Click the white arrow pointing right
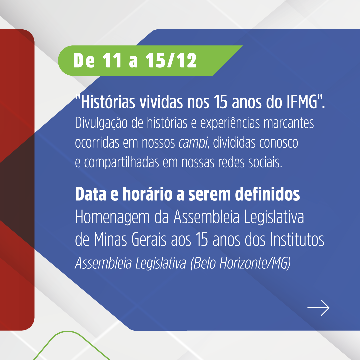point(318,308)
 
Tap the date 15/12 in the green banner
point(171,60)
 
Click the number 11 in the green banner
point(112,60)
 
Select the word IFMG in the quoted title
point(302,102)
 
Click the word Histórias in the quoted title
point(108,102)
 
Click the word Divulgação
point(101,123)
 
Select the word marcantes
point(289,123)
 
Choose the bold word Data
point(91,194)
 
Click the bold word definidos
point(267,194)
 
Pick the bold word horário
point(147,194)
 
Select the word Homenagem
point(112,217)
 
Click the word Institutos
point(297,239)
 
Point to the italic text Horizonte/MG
point(255,263)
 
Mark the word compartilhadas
point(122,163)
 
